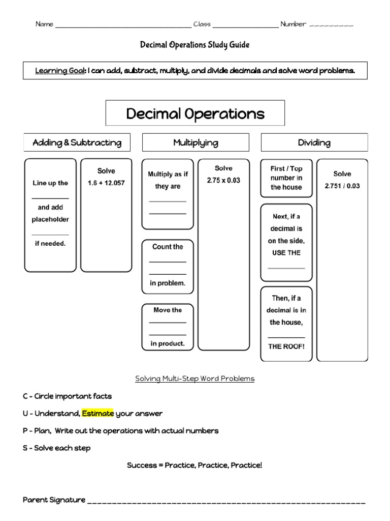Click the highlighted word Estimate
pyautogui.click(x=94, y=413)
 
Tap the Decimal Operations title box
pyautogui.click(x=195, y=113)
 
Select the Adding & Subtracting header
pyautogui.click(x=77, y=142)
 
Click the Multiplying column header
pyautogui.click(x=196, y=142)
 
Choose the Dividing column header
pyautogui.click(x=314, y=142)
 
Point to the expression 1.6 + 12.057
pyautogui.click(x=106, y=183)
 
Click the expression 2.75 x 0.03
pyautogui.click(x=223, y=180)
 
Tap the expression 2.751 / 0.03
pyautogui.click(x=342, y=186)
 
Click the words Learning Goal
pyautogui.click(x=59, y=71)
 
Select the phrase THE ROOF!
pyautogui.click(x=286, y=346)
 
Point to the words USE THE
pyautogui.click(x=286, y=252)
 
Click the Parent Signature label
pyautogui.click(x=54, y=500)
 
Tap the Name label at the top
pyautogui.click(x=44, y=24)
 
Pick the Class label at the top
pyautogui.click(x=202, y=24)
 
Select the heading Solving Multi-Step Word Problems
pyautogui.click(x=194, y=379)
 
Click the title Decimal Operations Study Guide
pyautogui.click(x=194, y=45)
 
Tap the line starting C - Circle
pyautogui.click(x=68, y=396)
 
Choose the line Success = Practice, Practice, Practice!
pyautogui.click(x=194, y=465)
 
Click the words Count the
pyautogui.click(x=168, y=247)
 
